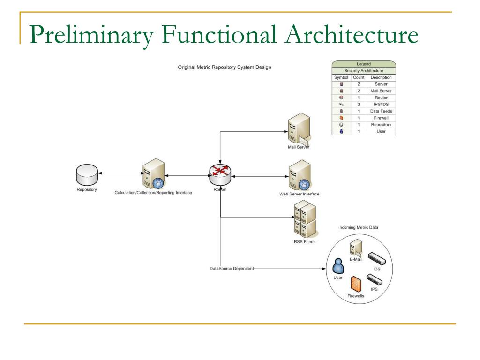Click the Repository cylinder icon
click(x=87, y=175)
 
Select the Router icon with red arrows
click(x=220, y=174)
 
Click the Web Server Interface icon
click(x=299, y=175)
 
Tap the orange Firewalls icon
click(x=356, y=283)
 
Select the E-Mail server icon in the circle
click(x=355, y=247)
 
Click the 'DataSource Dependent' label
click(x=232, y=269)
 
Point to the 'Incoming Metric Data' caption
click(x=358, y=227)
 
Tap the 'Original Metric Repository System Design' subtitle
click(x=224, y=67)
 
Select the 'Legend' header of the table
click(x=363, y=64)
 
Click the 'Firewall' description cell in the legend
click(x=381, y=118)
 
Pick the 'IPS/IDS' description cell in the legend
click(x=381, y=104)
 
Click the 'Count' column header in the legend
click(x=359, y=77)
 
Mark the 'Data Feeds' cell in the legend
click(x=381, y=111)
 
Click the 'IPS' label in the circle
click(x=374, y=289)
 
